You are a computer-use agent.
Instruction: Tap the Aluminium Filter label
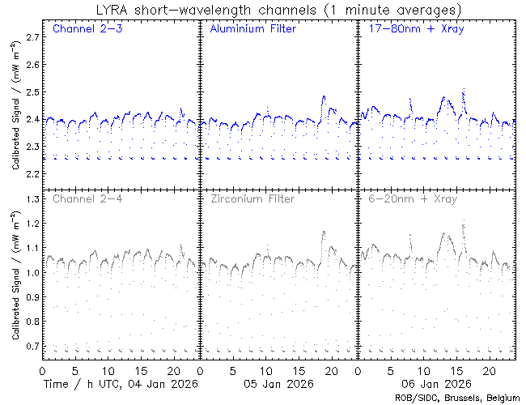point(252,29)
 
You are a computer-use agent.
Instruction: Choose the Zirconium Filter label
point(252,198)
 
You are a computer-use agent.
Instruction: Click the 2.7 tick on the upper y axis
point(32,37)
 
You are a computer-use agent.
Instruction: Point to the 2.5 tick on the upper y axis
point(32,92)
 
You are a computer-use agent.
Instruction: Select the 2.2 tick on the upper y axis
point(32,174)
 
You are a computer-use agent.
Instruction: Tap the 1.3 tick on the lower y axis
point(32,199)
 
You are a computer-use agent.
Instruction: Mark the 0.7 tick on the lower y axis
point(32,347)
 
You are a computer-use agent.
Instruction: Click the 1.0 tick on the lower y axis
point(32,273)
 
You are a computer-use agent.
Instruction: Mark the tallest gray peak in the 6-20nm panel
point(464,225)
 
